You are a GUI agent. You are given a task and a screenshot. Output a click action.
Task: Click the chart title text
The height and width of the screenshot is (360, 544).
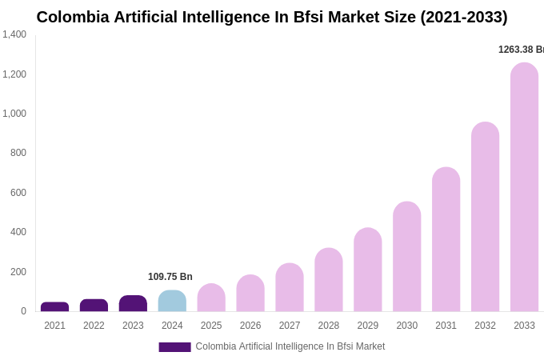point(272,17)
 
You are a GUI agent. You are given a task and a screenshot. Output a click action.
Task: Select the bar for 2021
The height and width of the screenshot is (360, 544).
point(54,306)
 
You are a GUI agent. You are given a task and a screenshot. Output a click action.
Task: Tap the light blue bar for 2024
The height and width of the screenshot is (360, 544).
point(172,301)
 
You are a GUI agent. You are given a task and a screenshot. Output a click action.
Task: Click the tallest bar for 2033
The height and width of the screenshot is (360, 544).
point(524,187)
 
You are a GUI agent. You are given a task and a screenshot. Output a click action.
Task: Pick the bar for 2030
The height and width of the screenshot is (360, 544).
point(406,257)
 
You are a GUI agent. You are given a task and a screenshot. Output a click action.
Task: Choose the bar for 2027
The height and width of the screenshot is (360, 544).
point(290,287)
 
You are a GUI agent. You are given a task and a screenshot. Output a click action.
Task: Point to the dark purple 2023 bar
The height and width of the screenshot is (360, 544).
point(133,303)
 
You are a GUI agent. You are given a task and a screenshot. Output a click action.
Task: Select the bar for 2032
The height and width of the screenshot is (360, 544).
point(485,217)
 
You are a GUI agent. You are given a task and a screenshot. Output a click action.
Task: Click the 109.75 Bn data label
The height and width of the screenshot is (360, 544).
point(170,277)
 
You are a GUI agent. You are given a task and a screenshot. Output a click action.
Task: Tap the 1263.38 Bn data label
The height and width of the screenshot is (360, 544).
point(521,50)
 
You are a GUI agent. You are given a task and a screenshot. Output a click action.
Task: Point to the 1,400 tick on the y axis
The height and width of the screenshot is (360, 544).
point(14,34)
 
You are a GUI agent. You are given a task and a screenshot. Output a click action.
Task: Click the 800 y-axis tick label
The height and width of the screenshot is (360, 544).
point(18,153)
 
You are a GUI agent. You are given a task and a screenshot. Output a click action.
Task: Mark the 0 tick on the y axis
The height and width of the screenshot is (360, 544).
point(23,311)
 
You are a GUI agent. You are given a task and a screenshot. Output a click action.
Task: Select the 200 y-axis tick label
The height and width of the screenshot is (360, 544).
point(18,272)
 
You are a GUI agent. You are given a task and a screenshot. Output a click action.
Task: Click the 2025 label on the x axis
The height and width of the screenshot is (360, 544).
point(211,326)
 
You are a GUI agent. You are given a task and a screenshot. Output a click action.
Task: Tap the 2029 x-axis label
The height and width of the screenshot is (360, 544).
point(368,326)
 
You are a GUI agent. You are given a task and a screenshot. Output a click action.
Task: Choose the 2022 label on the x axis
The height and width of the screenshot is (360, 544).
point(94,326)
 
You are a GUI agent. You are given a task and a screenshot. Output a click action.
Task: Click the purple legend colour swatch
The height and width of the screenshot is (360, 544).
point(174,347)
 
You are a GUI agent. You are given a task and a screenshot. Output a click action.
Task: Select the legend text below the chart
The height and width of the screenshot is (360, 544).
point(290,346)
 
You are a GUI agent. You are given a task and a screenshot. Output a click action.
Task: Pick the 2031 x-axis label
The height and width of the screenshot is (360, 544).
point(446,326)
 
